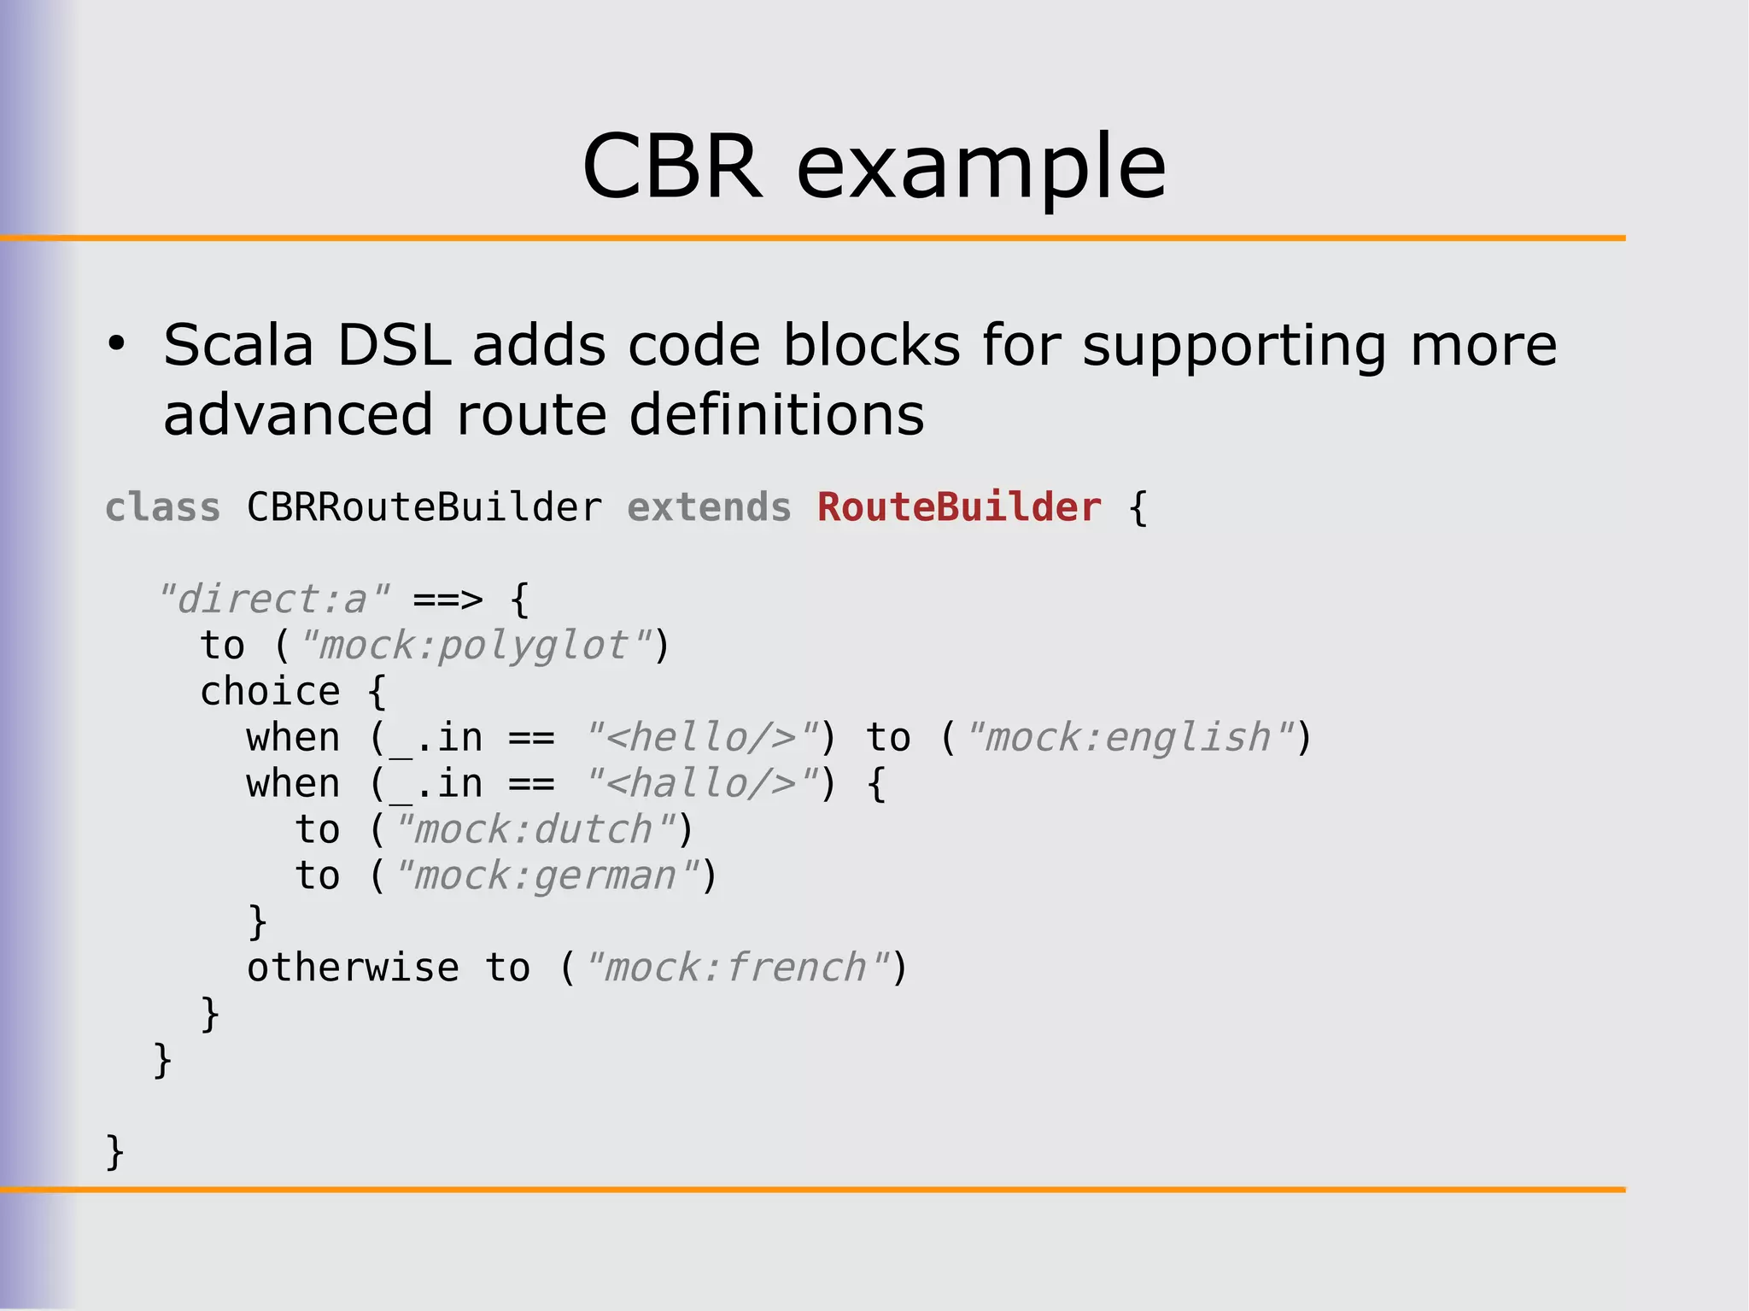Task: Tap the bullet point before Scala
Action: tap(116, 345)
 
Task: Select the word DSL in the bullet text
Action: tap(393, 346)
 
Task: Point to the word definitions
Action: tap(775, 415)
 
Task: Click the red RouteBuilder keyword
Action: tap(959, 507)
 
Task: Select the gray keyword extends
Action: tap(709, 507)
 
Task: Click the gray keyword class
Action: tap(162, 507)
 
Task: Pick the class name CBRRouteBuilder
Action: tap(424, 507)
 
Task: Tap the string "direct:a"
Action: tap(274, 599)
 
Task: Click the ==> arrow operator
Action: tap(447, 600)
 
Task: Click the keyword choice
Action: tap(270, 691)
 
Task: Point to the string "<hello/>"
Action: tap(701, 737)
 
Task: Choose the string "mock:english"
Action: tap(1128, 737)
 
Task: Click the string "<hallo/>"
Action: tap(701, 783)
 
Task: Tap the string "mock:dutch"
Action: tap(534, 829)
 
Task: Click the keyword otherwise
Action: tap(353, 968)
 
